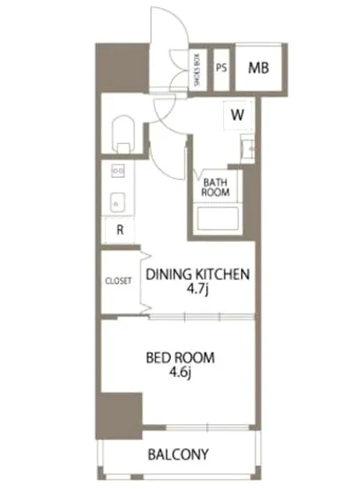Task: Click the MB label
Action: [259, 68]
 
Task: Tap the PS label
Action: [221, 68]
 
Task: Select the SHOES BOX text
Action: [197, 70]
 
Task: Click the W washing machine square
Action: [238, 115]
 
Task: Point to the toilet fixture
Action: [124, 135]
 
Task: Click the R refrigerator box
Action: [120, 230]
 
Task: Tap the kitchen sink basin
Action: [118, 202]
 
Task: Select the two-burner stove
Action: [118, 171]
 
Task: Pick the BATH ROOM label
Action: [215, 187]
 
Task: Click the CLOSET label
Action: [118, 281]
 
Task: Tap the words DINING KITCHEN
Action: [198, 274]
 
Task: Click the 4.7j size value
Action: [197, 290]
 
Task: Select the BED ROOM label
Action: [180, 357]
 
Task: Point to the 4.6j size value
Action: [180, 373]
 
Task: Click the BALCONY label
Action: [179, 454]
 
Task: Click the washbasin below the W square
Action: [248, 149]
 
